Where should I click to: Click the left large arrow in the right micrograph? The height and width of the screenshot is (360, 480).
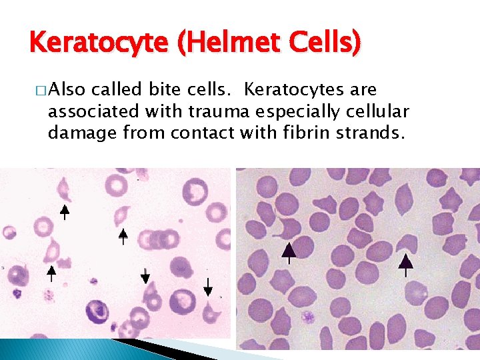click(x=288, y=254)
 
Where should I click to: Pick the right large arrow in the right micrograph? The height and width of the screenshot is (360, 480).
click(x=405, y=263)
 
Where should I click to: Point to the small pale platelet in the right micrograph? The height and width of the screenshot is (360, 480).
click(x=307, y=316)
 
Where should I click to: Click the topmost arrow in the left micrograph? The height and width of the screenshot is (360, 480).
click(x=65, y=211)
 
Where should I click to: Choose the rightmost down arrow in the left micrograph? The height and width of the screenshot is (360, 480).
click(x=208, y=287)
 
